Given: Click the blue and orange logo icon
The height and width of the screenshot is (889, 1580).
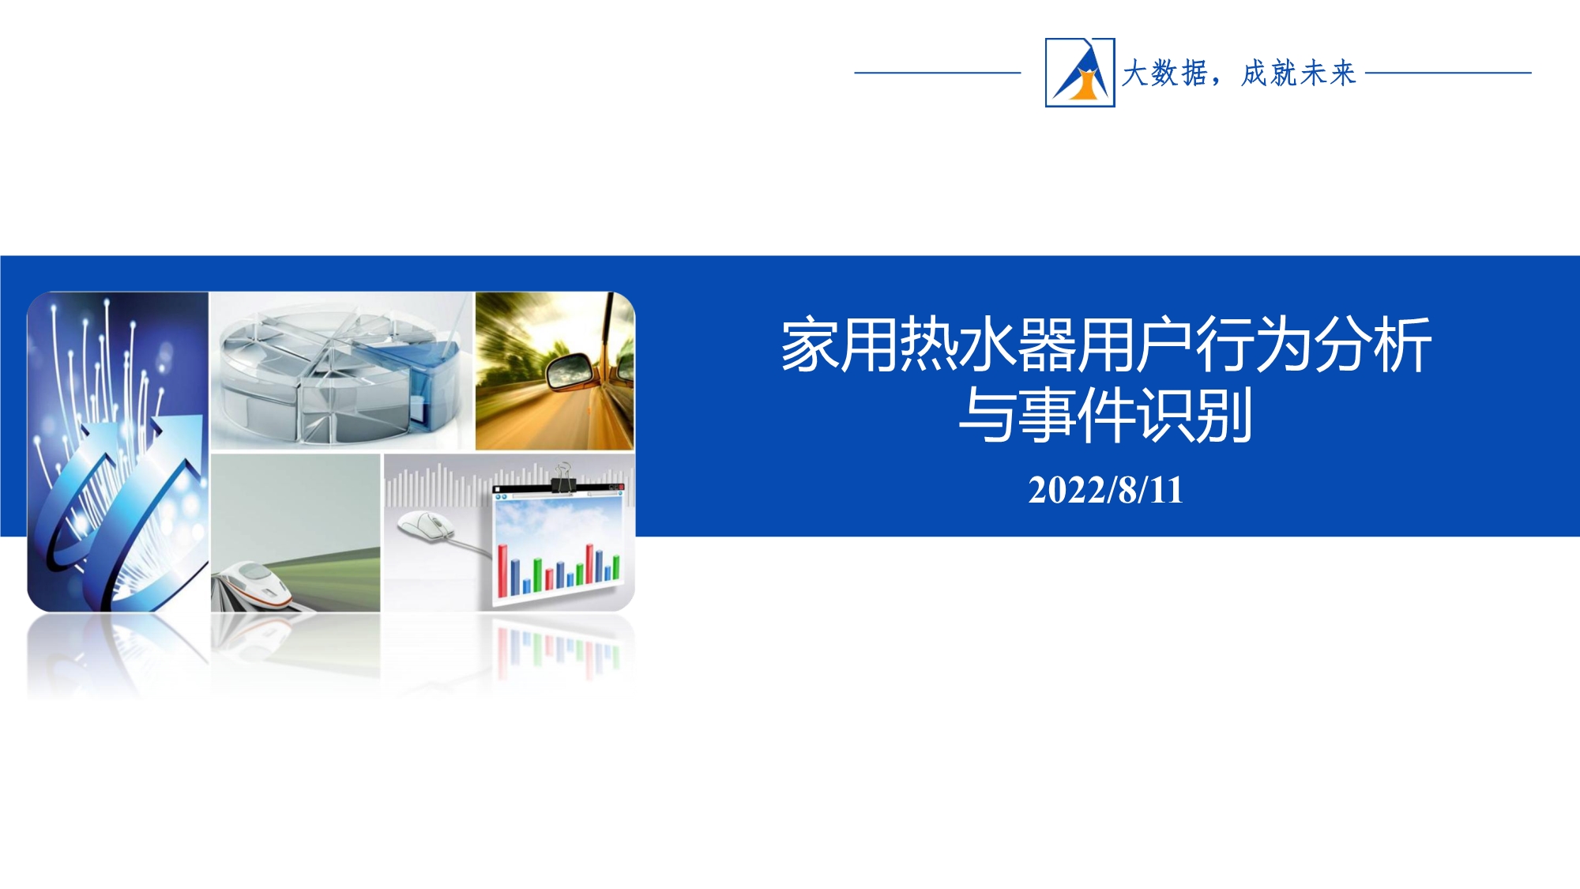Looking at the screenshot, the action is coord(1080,72).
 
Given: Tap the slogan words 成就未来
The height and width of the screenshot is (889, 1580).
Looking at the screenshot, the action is coord(1299,73).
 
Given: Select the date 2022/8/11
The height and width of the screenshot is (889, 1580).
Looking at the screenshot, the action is coord(1105,490).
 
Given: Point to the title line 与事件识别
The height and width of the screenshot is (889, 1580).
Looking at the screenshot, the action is coord(1105,413).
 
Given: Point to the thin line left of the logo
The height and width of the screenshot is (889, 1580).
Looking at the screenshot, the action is coord(938,73).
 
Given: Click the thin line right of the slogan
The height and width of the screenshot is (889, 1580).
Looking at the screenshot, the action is coord(1448,73).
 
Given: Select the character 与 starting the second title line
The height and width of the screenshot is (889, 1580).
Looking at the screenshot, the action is coord(987,413).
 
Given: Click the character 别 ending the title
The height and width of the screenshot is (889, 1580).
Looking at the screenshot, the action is coord(1224,413).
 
